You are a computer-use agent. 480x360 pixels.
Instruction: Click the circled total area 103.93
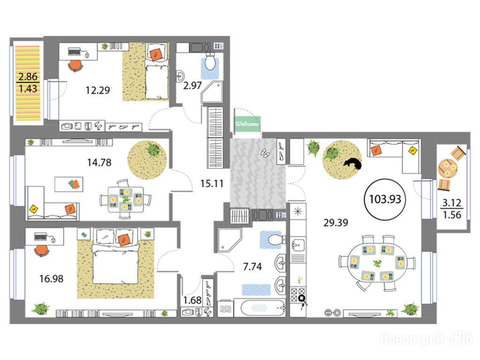tap(385, 199)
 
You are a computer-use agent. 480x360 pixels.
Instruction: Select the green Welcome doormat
tap(247, 124)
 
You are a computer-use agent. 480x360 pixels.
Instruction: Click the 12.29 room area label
tap(98, 90)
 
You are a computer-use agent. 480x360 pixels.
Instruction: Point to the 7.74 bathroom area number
tap(252, 267)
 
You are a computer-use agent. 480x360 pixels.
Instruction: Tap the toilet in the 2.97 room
tap(210, 61)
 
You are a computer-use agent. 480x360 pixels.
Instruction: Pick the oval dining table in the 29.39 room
tap(377, 263)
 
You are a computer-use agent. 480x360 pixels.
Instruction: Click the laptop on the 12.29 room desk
tap(74, 52)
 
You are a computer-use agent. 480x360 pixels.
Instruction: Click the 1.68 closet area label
tap(192, 300)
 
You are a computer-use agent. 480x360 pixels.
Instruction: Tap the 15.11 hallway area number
tap(212, 184)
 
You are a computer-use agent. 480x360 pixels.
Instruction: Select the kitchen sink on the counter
tap(297, 245)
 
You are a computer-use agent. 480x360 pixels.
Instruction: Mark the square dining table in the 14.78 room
tap(125, 199)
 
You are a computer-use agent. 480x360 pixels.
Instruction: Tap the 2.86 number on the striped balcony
tap(28, 76)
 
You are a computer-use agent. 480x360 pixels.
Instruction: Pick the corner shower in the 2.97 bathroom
tap(212, 92)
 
